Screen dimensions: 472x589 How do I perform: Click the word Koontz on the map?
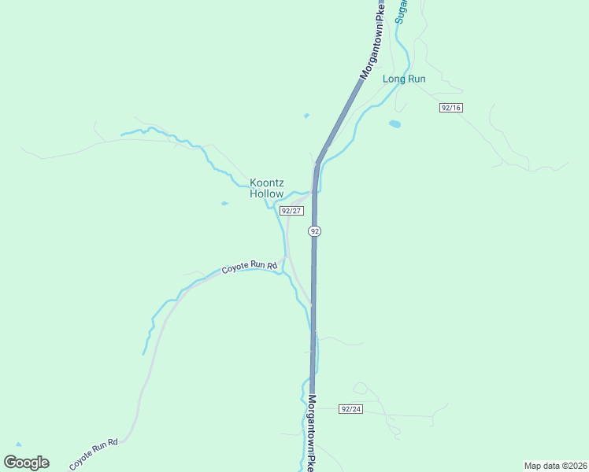[x=267, y=183]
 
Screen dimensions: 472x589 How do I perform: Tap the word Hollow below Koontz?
[x=266, y=194]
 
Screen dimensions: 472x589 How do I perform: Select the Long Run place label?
[x=404, y=79]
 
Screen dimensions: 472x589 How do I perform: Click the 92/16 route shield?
[x=450, y=108]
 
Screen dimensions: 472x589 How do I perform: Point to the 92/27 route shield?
[x=291, y=211]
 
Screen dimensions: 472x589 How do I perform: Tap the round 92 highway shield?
[x=315, y=231]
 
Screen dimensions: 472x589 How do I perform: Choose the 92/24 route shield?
[x=351, y=409]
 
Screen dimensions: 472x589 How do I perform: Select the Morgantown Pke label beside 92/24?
[x=313, y=433]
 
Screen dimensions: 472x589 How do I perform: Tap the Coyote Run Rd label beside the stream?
[x=250, y=267]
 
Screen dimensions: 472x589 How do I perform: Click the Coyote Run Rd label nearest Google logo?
[x=93, y=455]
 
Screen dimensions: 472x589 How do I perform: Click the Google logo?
[x=26, y=463]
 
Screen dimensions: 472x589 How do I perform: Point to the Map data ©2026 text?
[x=555, y=466]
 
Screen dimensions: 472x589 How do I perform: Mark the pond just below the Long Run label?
[x=395, y=124]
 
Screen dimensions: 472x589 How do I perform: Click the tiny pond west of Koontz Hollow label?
[x=224, y=204]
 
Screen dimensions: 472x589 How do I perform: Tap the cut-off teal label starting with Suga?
[x=399, y=12]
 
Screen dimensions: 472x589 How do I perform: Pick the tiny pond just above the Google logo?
[x=18, y=445]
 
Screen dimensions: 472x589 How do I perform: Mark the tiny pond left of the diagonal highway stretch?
[x=306, y=116]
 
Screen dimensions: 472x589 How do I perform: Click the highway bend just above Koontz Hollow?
[x=318, y=164]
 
